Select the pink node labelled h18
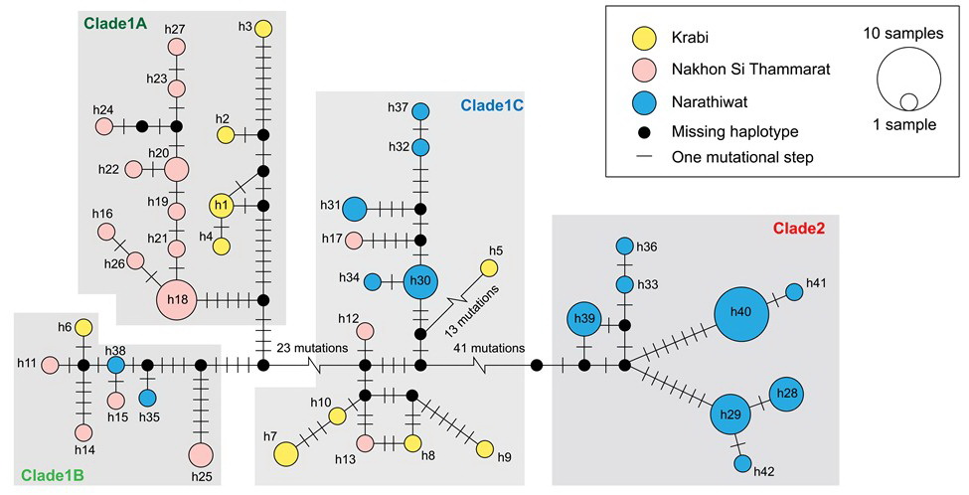tap(178, 298)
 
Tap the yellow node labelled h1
tap(222, 206)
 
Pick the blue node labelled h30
tap(420, 281)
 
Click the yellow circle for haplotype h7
tap(286, 453)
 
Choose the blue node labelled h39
tap(584, 319)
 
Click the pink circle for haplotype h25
tap(201, 454)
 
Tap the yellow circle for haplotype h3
tap(263, 28)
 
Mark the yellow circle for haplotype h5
tap(489, 267)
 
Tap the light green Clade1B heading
tap(51, 475)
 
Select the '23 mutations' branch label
tap(311, 349)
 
